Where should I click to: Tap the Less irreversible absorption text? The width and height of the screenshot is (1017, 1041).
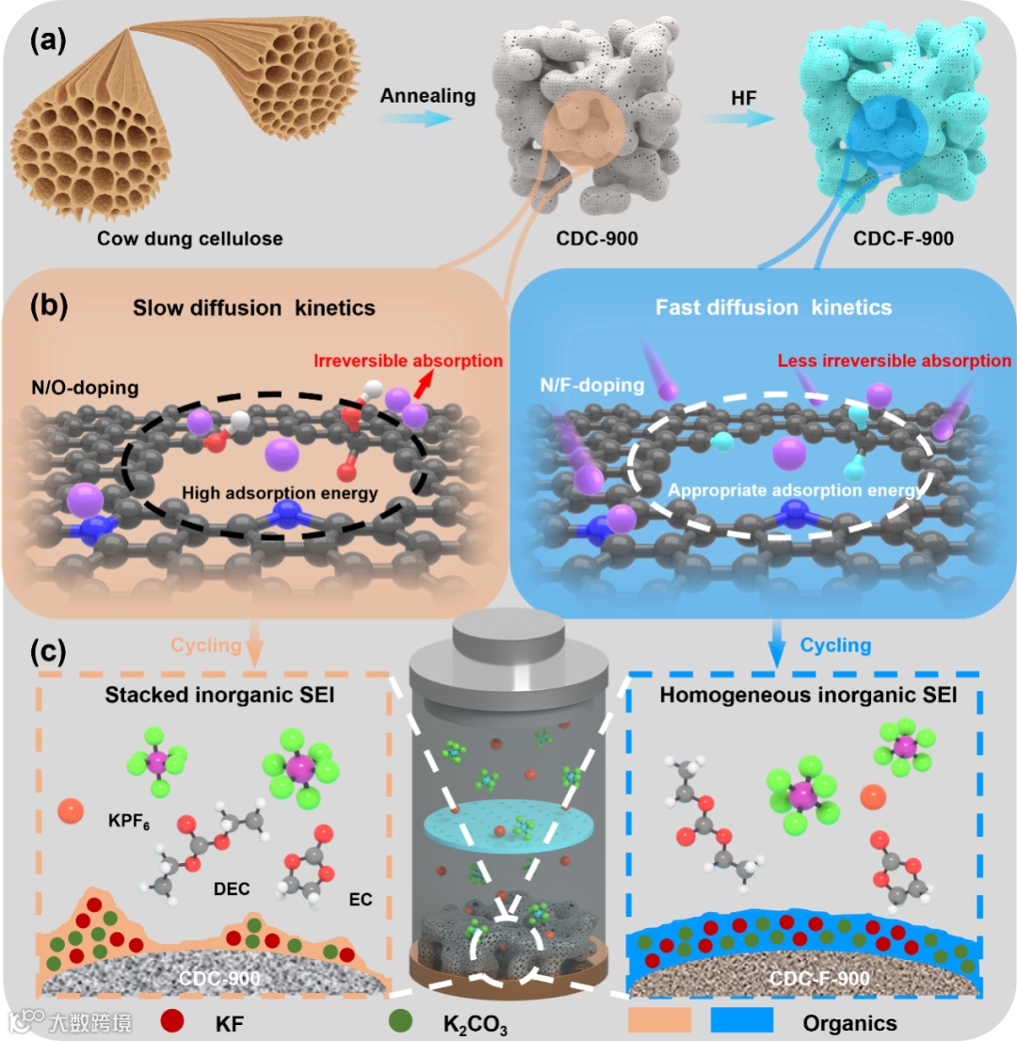(895, 360)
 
